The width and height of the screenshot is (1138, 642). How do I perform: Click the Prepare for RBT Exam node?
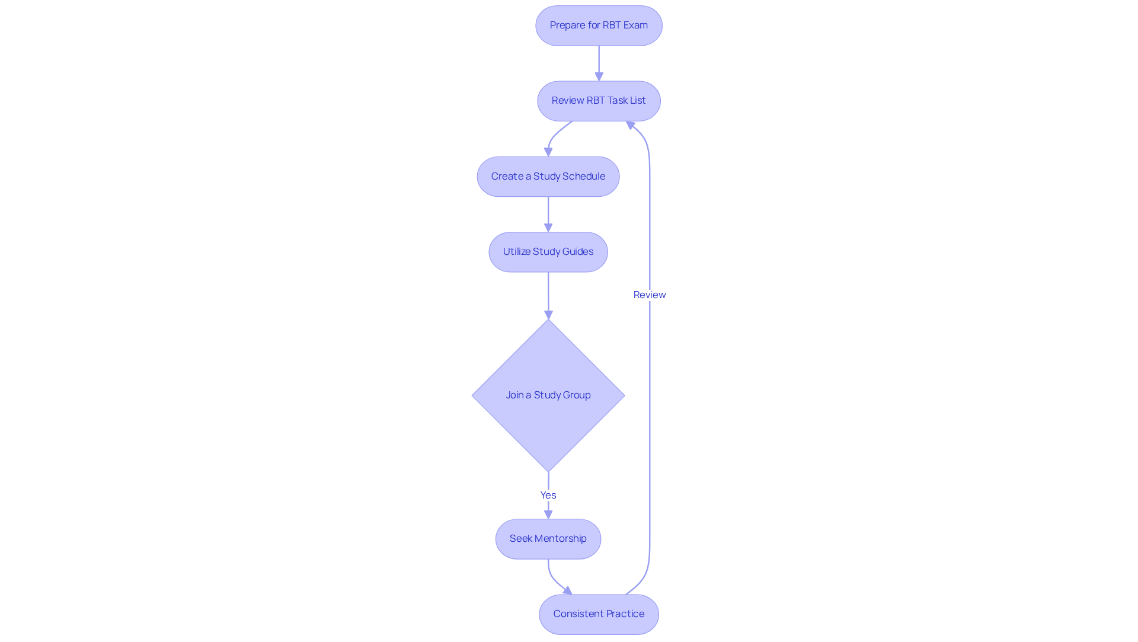[x=599, y=25]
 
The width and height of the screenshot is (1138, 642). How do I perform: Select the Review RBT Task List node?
[x=599, y=101]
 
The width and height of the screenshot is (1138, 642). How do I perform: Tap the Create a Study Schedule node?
[x=548, y=177]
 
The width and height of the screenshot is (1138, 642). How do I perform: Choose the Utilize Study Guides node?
[x=548, y=252]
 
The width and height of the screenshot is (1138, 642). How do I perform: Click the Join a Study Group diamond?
[x=548, y=395]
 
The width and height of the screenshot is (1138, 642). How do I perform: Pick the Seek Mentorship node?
[x=548, y=539]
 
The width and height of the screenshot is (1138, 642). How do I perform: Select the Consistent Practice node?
[x=599, y=614]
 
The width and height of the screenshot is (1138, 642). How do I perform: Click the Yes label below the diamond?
[x=548, y=495]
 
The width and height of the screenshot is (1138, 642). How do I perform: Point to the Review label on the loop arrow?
[x=650, y=295]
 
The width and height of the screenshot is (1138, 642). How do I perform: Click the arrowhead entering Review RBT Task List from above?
[x=599, y=76]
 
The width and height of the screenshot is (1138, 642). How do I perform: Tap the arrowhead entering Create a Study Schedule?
[x=548, y=152]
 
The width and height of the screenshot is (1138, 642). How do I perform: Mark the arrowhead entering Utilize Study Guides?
[x=548, y=228]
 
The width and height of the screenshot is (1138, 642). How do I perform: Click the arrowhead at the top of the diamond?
[x=548, y=315]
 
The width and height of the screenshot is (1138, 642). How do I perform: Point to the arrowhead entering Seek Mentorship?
[x=548, y=515]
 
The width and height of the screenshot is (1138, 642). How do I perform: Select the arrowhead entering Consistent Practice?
[x=568, y=591]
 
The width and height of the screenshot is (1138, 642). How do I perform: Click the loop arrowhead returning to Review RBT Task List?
[x=631, y=125]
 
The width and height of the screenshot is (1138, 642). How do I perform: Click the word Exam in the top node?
[x=635, y=25]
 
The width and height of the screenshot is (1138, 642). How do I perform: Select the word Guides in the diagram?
[x=578, y=252]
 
